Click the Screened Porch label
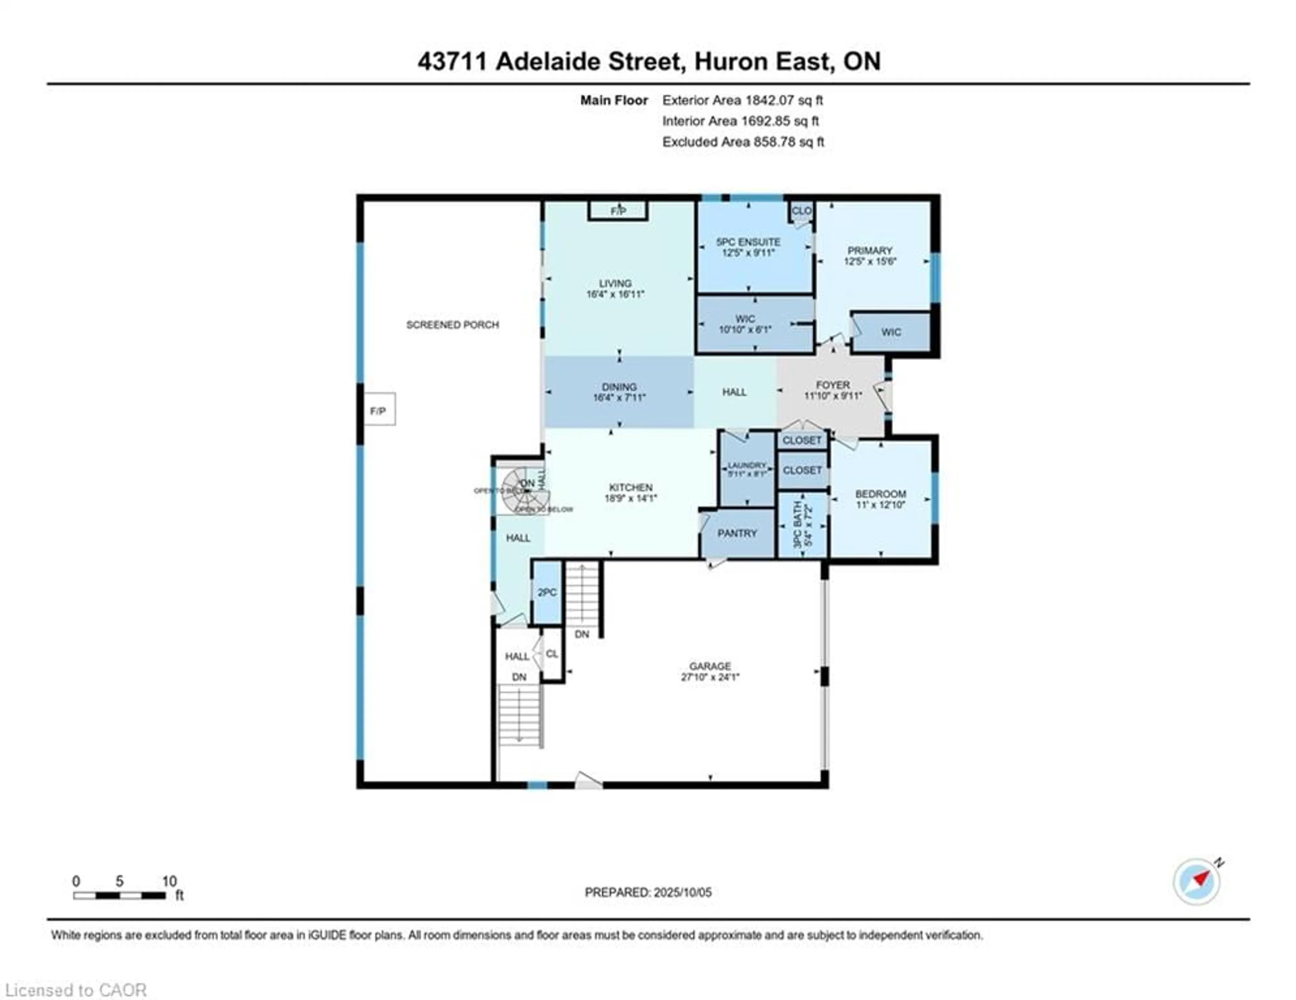pyautogui.click(x=452, y=325)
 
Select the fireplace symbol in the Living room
pyautogui.click(x=618, y=211)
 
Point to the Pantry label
pyautogui.click(x=737, y=533)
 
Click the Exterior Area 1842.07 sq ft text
pyautogui.click(x=742, y=100)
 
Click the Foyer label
pyautogui.click(x=833, y=385)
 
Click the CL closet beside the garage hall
pyautogui.click(x=552, y=654)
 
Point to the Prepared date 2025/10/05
pyautogui.click(x=648, y=892)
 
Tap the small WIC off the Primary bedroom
pyautogui.click(x=891, y=332)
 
